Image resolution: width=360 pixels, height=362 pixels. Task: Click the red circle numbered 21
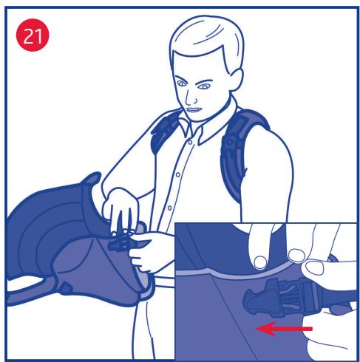tap(33, 35)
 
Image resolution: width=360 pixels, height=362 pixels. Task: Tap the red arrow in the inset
tap(284, 329)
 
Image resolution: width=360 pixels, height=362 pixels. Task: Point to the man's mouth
tap(194, 110)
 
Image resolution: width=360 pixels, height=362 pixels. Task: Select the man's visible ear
tap(236, 79)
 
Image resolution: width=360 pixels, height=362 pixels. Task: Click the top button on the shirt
tap(190, 143)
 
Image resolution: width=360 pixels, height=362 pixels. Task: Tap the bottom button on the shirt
tap(169, 208)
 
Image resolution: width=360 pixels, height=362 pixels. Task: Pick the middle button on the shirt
tap(177, 174)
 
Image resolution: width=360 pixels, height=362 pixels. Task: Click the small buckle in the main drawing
tap(120, 243)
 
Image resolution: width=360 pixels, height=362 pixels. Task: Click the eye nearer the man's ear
tap(204, 86)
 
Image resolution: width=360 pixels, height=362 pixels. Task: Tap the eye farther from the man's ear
tap(182, 83)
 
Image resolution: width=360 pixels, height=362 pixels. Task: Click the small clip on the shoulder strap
tap(231, 143)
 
